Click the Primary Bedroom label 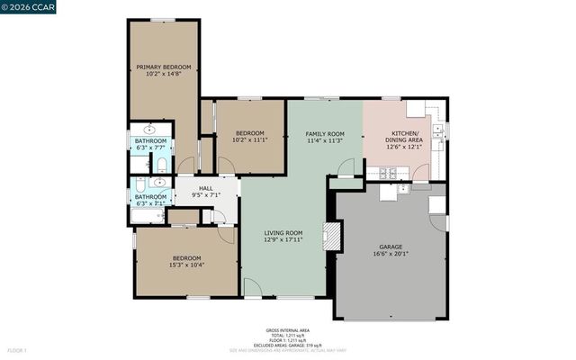click(163, 67)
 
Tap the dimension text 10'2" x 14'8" click(163, 74)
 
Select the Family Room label click(325, 133)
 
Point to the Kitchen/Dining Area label click(403, 137)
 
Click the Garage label click(390, 247)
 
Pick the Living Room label click(283, 233)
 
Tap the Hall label click(206, 187)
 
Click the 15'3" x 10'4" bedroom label click(185, 258)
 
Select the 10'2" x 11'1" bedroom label click(250, 133)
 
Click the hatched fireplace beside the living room click(333, 237)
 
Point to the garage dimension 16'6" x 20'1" click(390, 254)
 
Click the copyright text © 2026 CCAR click(28, 7)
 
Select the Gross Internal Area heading click(287, 330)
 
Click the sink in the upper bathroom click(148, 129)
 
